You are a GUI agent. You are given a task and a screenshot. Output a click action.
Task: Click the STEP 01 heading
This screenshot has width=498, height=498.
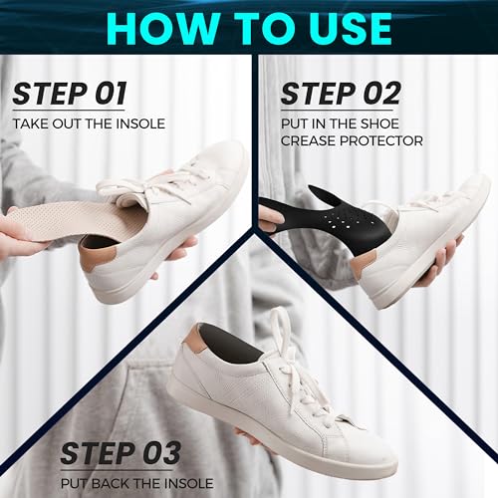[69, 94]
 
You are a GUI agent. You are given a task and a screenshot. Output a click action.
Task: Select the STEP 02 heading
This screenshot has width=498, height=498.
[341, 94]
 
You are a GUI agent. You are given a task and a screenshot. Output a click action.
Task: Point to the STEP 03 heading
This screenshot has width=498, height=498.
[121, 453]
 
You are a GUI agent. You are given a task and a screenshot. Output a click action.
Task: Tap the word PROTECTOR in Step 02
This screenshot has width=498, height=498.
[380, 140]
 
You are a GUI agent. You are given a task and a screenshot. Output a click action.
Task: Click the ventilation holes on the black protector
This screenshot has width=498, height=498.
[344, 220]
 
